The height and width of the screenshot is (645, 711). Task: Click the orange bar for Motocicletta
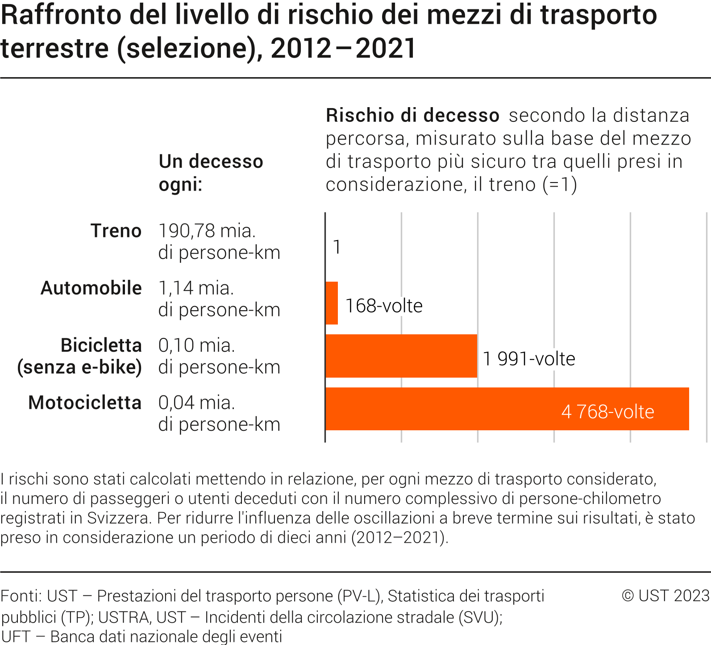point(446,409)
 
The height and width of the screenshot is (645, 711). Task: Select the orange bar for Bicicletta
point(401,356)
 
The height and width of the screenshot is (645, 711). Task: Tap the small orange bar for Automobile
point(332,303)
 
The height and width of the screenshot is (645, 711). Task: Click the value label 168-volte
point(384,306)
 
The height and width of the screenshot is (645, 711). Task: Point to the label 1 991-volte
point(529,359)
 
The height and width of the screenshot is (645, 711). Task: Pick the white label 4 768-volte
point(607,412)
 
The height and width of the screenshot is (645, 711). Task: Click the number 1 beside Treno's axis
point(337,247)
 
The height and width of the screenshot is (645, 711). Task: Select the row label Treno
point(116,231)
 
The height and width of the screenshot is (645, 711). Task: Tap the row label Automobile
point(91,288)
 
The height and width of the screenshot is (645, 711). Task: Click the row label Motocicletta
point(85,403)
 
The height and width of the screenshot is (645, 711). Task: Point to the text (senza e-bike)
point(79,367)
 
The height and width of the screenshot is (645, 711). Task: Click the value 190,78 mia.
point(207,231)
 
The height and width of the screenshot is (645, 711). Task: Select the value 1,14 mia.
point(196,288)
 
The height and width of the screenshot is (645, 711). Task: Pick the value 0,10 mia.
point(196,345)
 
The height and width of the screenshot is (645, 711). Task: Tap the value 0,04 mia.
point(196,403)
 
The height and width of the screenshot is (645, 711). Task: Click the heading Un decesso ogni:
point(211,173)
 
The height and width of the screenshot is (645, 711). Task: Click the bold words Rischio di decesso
point(412,116)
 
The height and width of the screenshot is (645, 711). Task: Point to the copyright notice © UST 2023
point(665,595)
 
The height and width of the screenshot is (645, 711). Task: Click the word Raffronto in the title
point(61,15)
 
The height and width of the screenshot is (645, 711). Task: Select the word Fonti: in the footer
point(21,596)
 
